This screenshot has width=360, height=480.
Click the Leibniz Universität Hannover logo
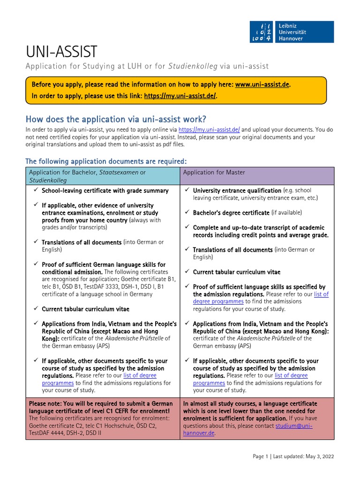pyautogui.click(x=292, y=31)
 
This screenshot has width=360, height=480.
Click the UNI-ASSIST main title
pyautogui.click(x=61, y=52)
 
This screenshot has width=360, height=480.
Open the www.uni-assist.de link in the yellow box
pyautogui.click(x=262, y=85)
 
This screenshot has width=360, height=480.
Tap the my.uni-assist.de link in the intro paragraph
pyautogui.click(x=209, y=130)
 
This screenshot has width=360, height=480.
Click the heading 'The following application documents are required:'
pyautogui.click(x=106, y=161)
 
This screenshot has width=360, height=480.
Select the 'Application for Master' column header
pyautogui.click(x=214, y=172)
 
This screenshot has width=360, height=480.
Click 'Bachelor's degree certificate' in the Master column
pyautogui.click(x=231, y=213)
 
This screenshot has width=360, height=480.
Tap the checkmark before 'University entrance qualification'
pyautogui.click(x=187, y=190)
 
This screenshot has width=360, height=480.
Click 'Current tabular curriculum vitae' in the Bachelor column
pyautogui.click(x=85, y=309)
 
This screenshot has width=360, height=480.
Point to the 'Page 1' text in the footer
pyautogui.click(x=261, y=457)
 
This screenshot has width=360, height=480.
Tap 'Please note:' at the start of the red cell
pyautogui.click(x=46, y=404)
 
